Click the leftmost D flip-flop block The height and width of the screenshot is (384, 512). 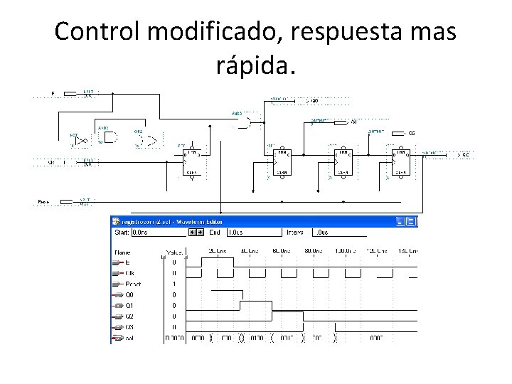pos(191,162)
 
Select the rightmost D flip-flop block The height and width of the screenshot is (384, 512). pos(400,162)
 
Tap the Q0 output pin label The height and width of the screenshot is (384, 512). pos(314,101)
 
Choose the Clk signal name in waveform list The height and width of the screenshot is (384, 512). pos(129,273)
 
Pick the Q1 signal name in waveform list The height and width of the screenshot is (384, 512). pos(129,306)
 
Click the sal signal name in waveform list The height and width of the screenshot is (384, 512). pos(129,338)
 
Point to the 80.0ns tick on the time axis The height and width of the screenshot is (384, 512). pos(313,251)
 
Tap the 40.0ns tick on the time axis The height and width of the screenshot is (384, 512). pos(249,251)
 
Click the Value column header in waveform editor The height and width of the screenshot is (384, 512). pos(174,252)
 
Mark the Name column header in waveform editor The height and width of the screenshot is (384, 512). pos(122,252)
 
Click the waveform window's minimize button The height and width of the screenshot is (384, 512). pos(400,221)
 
